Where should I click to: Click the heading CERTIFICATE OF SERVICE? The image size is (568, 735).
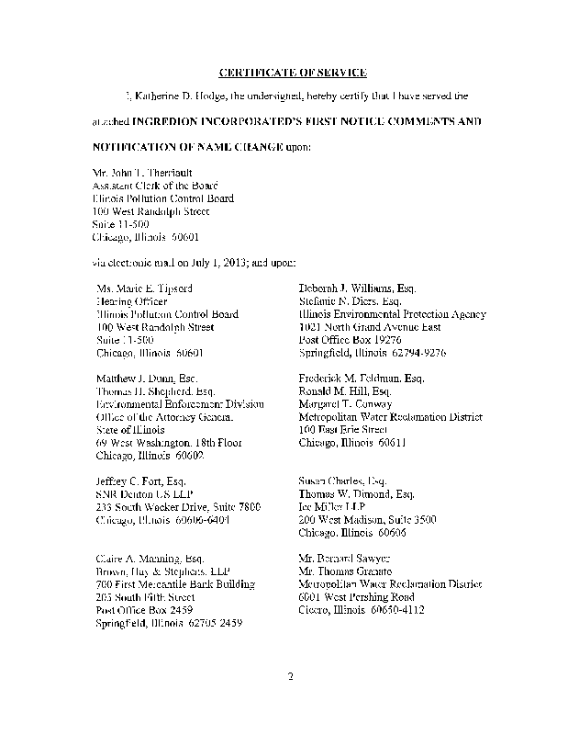(284, 73)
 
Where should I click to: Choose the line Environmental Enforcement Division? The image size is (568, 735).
(180, 403)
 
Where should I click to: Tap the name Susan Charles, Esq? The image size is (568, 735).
(343, 481)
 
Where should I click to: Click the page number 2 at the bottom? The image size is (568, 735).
(288, 679)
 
